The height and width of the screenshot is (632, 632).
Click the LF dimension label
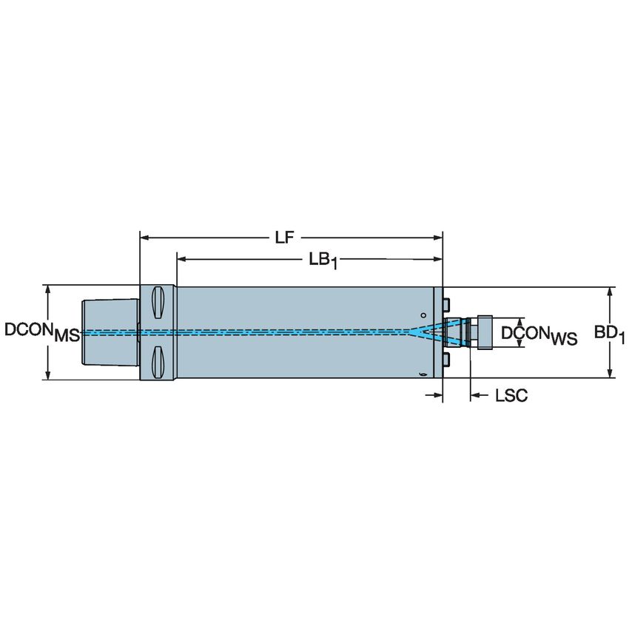(285, 238)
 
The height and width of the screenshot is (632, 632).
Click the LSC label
(511, 397)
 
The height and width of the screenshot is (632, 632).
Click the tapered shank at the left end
(109, 332)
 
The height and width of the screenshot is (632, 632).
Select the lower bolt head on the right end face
(447, 360)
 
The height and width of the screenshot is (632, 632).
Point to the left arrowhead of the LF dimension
(145, 238)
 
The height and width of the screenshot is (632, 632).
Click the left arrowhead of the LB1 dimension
(181, 259)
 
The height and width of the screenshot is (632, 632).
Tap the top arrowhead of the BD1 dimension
(610, 292)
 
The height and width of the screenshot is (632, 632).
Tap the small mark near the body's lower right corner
(422, 374)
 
